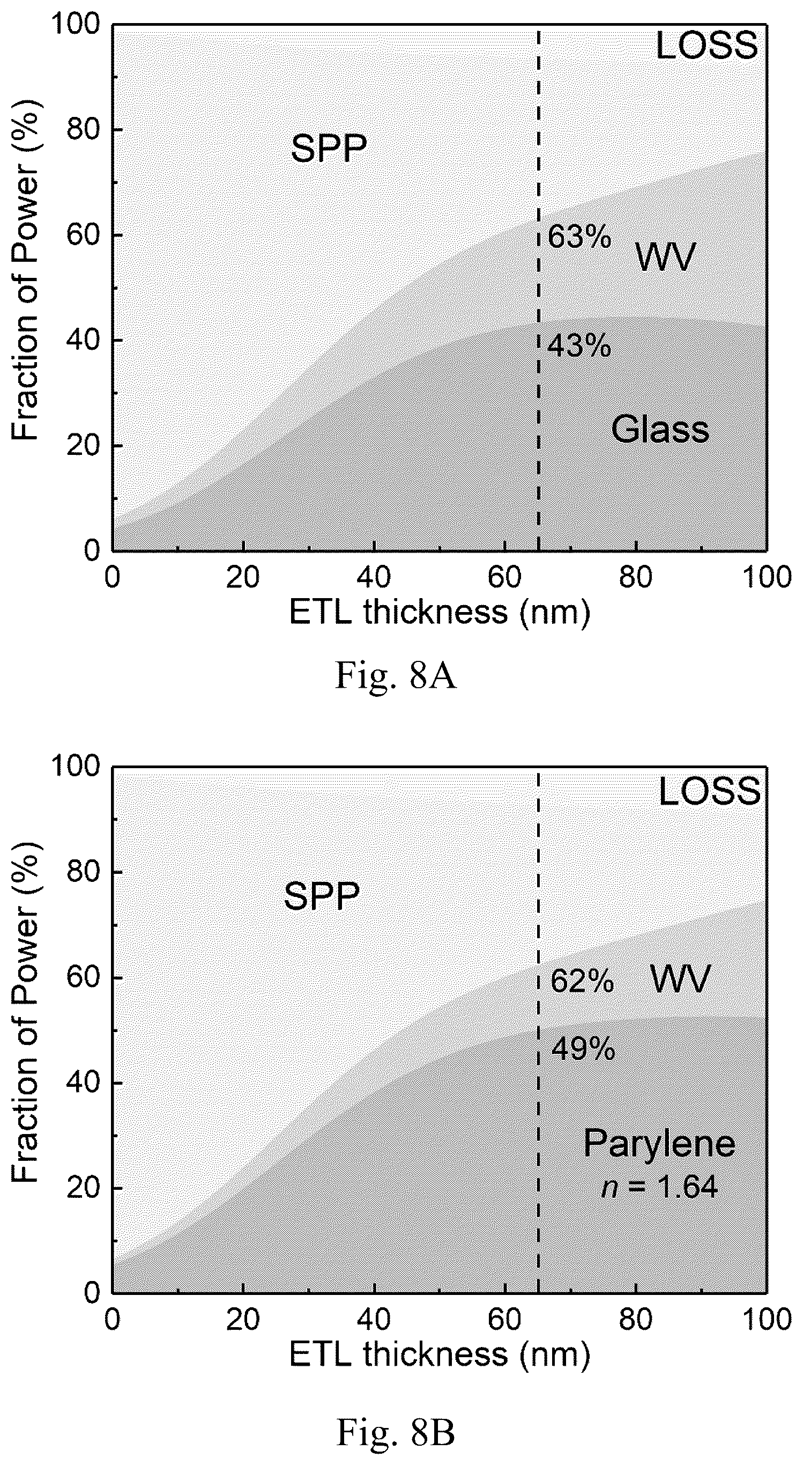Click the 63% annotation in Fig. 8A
click(x=579, y=237)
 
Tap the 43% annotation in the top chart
click(x=579, y=345)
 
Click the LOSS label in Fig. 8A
click(x=707, y=46)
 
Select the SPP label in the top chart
click(x=329, y=149)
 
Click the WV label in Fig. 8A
click(x=665, y=256)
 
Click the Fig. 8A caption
click(x=396, y=675)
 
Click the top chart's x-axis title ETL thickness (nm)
click(x=440, y=613)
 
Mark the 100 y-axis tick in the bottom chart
click(x=76, y=767)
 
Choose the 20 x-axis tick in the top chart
click(x=243, y=578)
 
